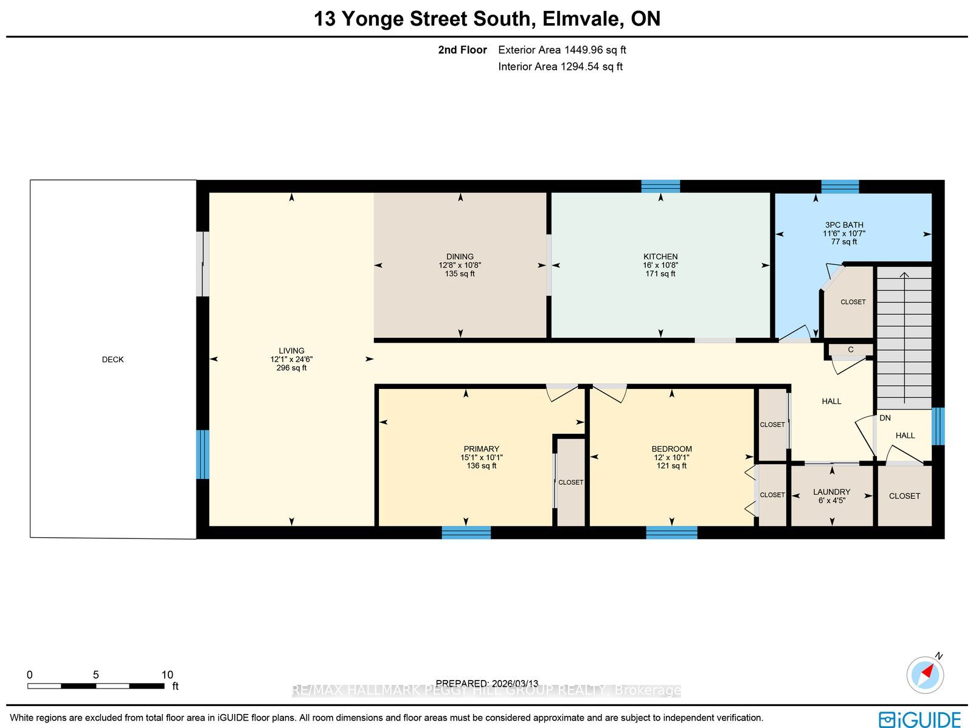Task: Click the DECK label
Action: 113,360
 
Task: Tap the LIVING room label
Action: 291,350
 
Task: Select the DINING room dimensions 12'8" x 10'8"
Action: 460,265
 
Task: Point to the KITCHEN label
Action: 660,257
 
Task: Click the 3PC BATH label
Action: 844,225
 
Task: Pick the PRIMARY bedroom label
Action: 482,449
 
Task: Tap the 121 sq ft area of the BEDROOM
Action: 671,466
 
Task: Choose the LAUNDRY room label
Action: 831,492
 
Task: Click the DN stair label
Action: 885,418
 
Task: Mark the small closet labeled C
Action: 851,350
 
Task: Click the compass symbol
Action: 925,675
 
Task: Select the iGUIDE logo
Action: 919,719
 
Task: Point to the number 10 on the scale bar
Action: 167,675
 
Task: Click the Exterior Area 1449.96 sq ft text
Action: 562,50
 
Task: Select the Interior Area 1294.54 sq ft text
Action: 560,66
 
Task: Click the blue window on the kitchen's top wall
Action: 660,186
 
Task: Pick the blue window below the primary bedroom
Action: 466,532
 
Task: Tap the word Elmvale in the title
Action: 581,19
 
